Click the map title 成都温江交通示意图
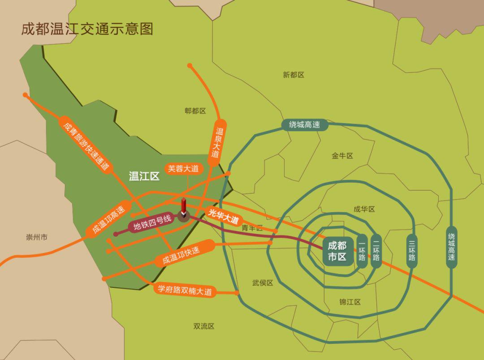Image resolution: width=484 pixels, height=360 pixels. pyautogui.click(x=87, y=29)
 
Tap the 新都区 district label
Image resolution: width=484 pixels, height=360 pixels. pyautogui.click(x=294, y=75)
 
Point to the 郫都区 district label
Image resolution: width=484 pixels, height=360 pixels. pyautogui.click(x=195, y=111)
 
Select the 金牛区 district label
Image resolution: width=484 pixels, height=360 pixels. pyautogui.click(x=342, y=156)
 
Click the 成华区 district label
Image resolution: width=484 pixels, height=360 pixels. pyautogui.click(x=364, y=209)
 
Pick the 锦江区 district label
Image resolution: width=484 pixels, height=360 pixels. pyautogui.click(x=350, y=302)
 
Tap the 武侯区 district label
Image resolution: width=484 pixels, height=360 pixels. pyautogui.click(x=263, y=283)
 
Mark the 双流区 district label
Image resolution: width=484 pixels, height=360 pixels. pyautogui.click(x=204, y=326)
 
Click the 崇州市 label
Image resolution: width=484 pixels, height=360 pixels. pyautogui.click(x=37, y=237)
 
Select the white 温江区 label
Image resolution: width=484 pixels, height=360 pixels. pyautogui.click(x=144, y=176)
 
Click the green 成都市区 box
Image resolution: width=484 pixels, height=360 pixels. pyautogui.click(x=337, y=251)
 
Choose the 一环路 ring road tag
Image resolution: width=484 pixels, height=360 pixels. pyautogui.click(x=362, y=251)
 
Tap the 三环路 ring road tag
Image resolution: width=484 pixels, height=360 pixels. pyautogui.click(x=412, y=251)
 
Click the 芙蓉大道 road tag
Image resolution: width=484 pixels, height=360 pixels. pyautogui.click(x=184, y=169)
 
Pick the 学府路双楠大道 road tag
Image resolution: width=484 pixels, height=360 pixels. pyautogui.click(x=185, y=290)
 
